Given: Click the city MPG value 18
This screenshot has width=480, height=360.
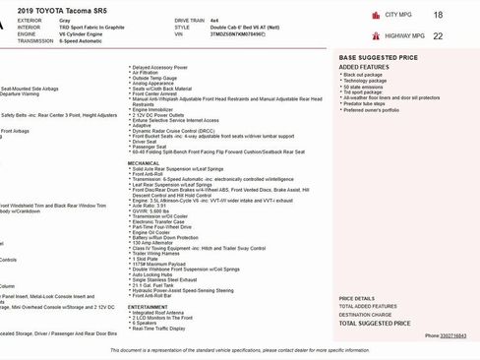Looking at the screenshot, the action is (437, 15).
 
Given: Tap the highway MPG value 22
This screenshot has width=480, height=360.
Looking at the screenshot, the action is (437, 35).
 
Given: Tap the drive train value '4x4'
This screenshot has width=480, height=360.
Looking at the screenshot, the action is (235, 19).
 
